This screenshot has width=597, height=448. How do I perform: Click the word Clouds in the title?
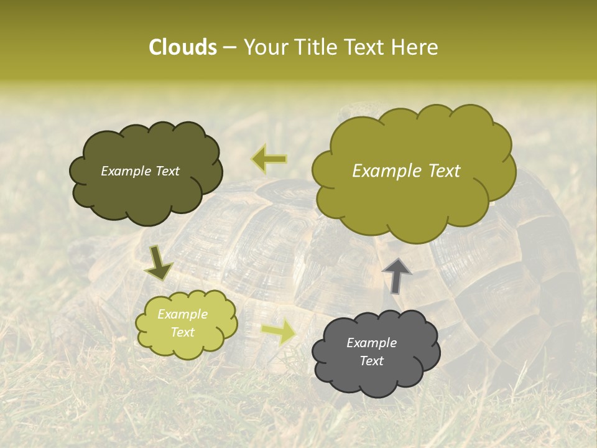click(182, 47)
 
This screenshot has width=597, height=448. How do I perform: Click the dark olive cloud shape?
click(146, 193)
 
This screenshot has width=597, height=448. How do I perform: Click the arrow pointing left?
click(269, 159)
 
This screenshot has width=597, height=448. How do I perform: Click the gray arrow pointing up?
click(397, 275)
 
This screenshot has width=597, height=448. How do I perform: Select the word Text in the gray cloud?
click(371, 361)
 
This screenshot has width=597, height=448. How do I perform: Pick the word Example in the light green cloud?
click(183, 314)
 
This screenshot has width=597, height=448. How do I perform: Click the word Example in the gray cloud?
click(371, 343)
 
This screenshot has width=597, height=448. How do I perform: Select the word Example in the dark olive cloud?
click(125, 171)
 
